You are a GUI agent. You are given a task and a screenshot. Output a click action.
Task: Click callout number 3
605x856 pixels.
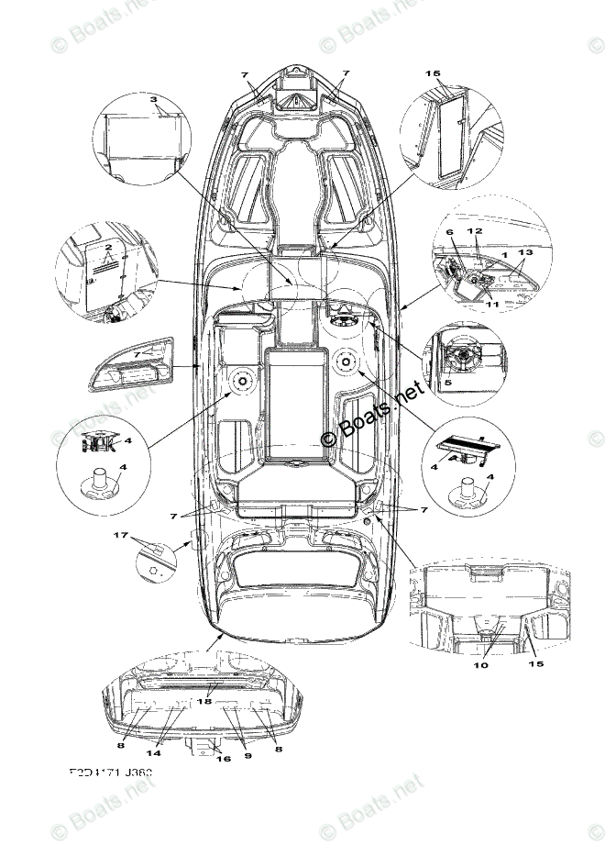click(154, 99)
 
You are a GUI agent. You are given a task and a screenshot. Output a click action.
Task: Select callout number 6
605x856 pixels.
click(449, 233)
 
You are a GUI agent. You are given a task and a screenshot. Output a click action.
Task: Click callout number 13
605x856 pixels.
click(524, 251)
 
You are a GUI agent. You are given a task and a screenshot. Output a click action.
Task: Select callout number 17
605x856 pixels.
click(118, 534)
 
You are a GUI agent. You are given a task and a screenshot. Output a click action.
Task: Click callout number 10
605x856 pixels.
click(481, 666)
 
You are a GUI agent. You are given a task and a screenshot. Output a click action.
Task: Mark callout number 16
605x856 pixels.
click(223, 759)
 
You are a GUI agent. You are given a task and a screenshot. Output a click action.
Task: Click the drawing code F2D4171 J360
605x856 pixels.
click(110, 773)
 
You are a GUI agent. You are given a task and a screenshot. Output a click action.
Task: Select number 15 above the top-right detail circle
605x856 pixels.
click(434, 72)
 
